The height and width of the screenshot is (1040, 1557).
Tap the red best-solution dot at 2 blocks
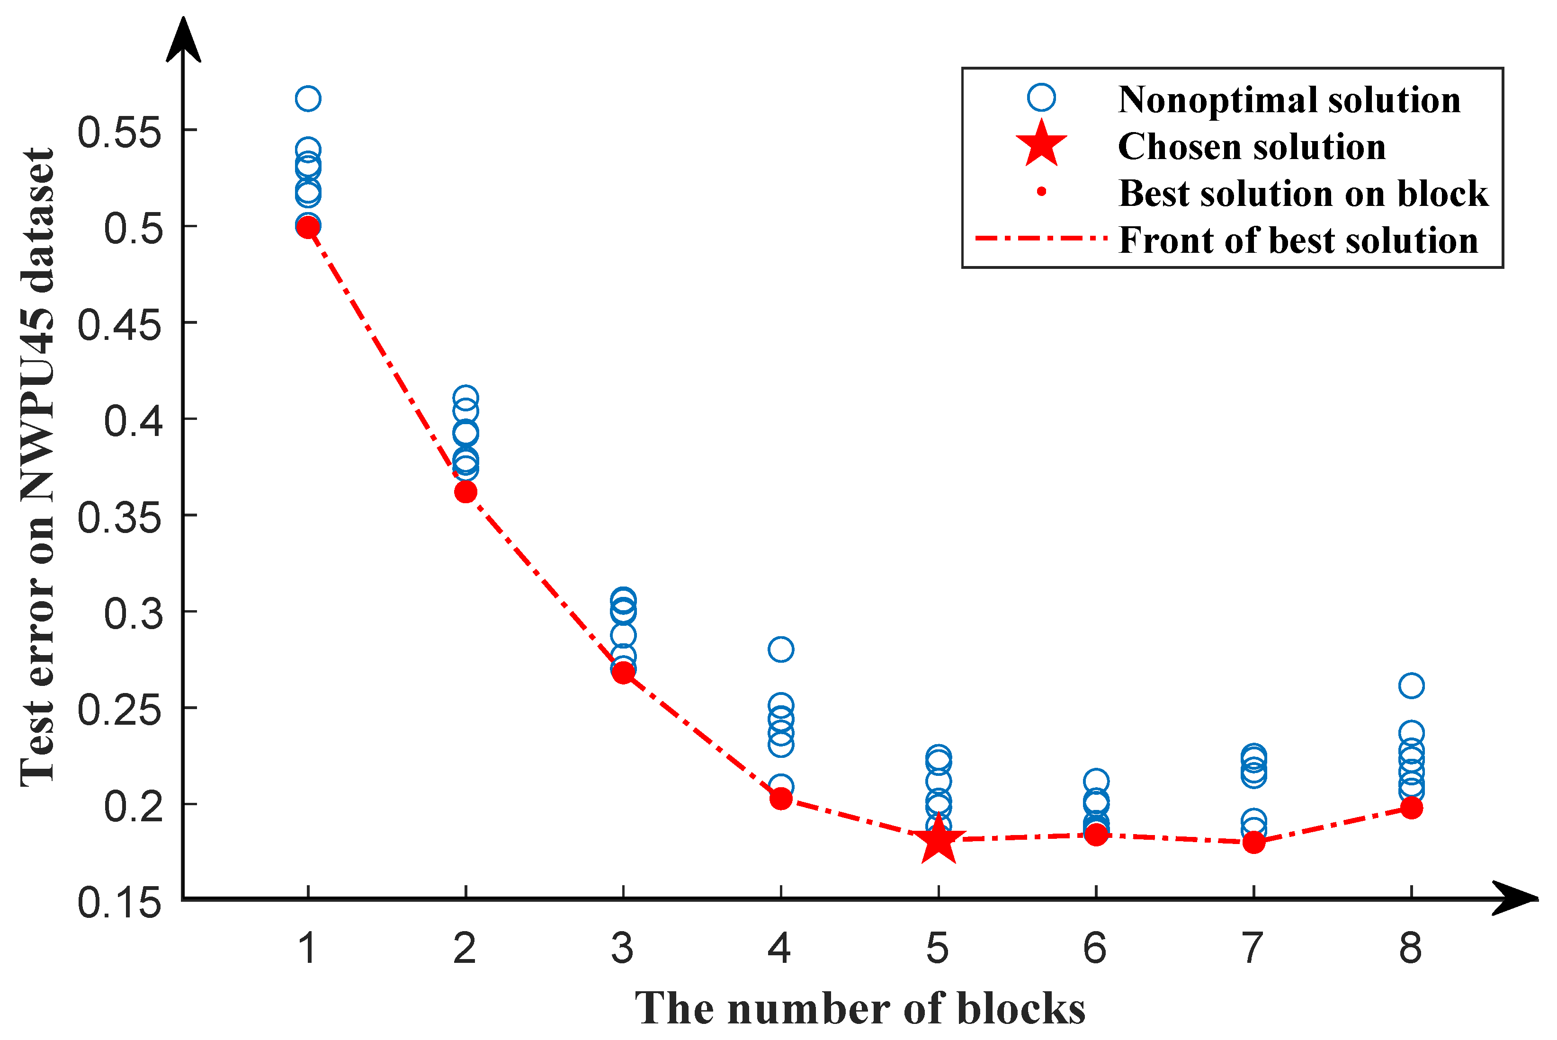465,491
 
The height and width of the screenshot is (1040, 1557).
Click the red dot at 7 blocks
1253,842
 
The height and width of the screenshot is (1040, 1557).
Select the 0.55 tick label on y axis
119,132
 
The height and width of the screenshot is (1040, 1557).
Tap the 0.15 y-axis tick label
119,903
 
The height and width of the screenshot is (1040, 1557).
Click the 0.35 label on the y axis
119,517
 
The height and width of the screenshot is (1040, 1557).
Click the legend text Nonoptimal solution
1289,100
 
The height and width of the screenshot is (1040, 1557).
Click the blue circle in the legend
1041,98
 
